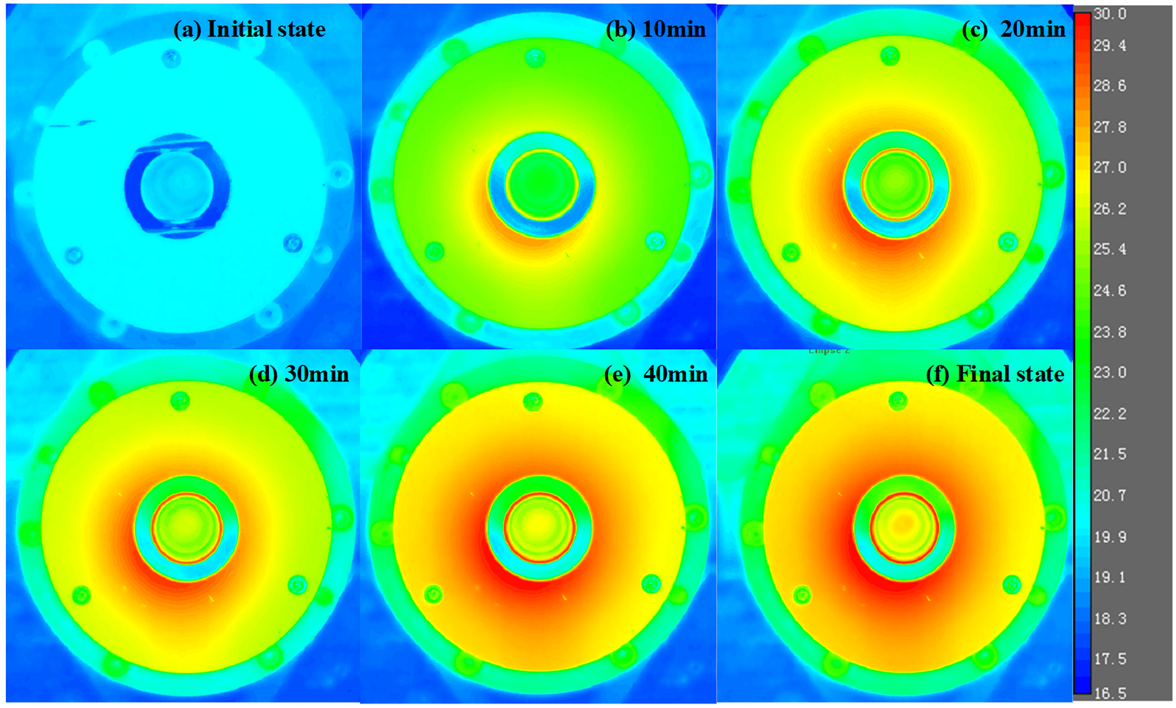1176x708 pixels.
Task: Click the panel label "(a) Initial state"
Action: pyautogui.click(x=249, y=29)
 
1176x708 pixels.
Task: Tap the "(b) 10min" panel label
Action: pyautogui.click(x=655, y=29)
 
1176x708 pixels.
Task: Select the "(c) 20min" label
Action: pyautogui.click(x=1013, y=29)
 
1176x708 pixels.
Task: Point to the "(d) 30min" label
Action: pyautogui.click(x=298, y=374)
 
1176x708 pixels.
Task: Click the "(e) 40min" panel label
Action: pyautogui.click(x=655, y=374)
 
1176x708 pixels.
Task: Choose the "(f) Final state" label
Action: pyautogui.click(x=995, y=374)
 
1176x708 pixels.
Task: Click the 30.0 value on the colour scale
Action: pyautogui.click(x=1110, y=14)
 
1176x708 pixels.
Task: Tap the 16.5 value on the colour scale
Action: pyautogui.click(x=1110, y=693)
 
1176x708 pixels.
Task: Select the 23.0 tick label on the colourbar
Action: pyautogui.click(x=1110, y=372)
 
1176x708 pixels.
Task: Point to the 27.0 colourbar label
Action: pyautogui.click(x=1110, y=167)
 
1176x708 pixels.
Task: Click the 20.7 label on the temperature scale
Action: pyautogui.click(x=1110, y=495)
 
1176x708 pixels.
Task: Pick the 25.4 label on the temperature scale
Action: pyautogui.click(x=1110, y=249)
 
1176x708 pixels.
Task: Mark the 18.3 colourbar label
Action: pyautogui.click(x=1110, y=618)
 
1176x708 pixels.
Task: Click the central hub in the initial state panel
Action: pyautogui.click(x=176, y=185)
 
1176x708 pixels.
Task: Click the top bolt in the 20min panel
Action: pyautogui.click(x=890, y=56)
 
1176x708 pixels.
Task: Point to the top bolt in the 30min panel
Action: pyautogui.click(x=180, y=402)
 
